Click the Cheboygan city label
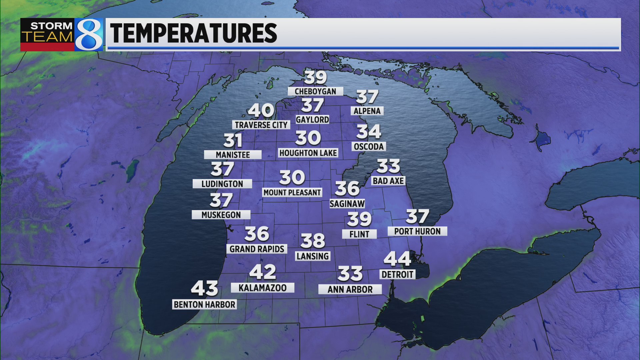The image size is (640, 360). pyautogui.click(x=315, y=91)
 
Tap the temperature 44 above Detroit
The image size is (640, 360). pyautogui.click(x=397, y=259)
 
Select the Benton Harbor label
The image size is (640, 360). pyautogui.click(x=204, y=304)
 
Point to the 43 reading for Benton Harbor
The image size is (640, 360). pyautogui.click(x=204, y=288)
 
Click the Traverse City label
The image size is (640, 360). pyautogui.click(x=261, y=125)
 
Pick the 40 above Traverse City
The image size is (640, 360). pyautogui.click(x=261, y=110)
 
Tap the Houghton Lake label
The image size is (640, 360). pyautogui.click(x=308, y=153)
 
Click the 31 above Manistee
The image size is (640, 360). pyautogui.click(x=233, y=140)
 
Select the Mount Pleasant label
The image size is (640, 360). pyautogui.click(x=292, y=193)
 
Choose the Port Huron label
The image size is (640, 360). pyautogui.click(x=417, y=231)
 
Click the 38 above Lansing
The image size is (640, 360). pyautogui.click(x=313, y=241)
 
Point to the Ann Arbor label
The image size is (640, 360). pyautogui.click(x=350, y=289)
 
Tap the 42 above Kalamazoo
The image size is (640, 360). pyautogui.click(x=263, y=272)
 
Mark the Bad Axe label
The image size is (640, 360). pyautogui.click(x=388, y=181)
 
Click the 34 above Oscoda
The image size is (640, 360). pyautogui.click(x=369, y=132)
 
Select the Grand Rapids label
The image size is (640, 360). pyautogui.click(x=257, y=249)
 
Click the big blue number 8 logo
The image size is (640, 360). pyautogui.click(x=89, y=35)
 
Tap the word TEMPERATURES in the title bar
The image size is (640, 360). pyautogui.click(x=193, y=33)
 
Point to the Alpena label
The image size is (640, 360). pyautogui.click(x=367, y=111)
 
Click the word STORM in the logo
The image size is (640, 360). pyautogui.click(x=51, y=26)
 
